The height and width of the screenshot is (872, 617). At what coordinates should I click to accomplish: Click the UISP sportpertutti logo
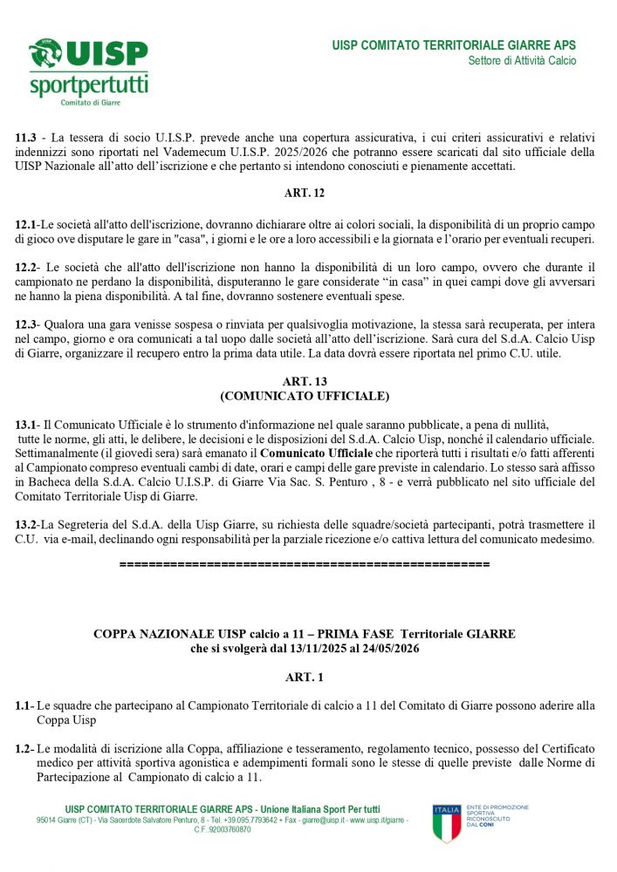(88, 72)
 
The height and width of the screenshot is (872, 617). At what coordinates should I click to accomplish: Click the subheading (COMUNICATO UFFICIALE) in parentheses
(304, 396)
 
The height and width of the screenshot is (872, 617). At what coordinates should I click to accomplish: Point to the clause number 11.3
(27, 137)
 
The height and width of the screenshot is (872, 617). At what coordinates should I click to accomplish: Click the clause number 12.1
(27, 225)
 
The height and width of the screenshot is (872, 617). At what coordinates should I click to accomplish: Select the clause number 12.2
(27, 266)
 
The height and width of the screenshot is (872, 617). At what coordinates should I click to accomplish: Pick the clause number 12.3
(27, 324)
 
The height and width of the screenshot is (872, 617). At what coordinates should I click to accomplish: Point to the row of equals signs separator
(304, 565)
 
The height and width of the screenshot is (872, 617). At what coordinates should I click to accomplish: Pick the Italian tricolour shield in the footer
(446, 823)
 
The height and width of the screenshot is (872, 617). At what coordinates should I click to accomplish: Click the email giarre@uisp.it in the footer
(313, 821)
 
